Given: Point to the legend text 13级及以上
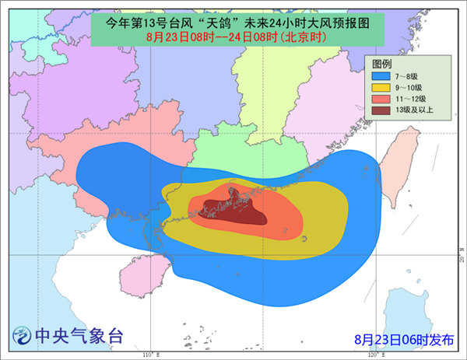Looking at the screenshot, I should click(415, 111).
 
